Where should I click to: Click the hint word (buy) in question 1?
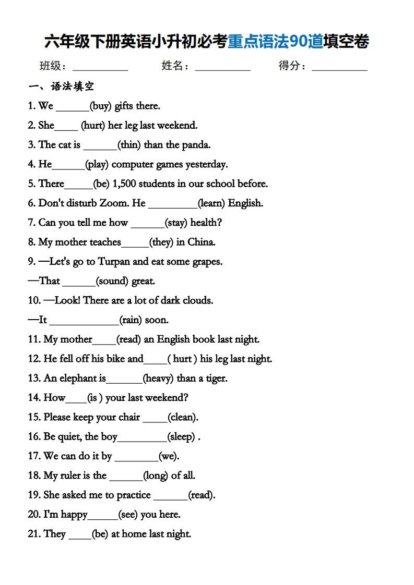click(101, 106)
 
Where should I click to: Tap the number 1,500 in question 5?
click(127, 184)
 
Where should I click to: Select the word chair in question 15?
click(129, 417)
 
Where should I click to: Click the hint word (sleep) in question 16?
click(181, 437)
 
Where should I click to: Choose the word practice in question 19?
click(134, 495)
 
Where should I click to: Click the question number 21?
click(34, 534)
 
